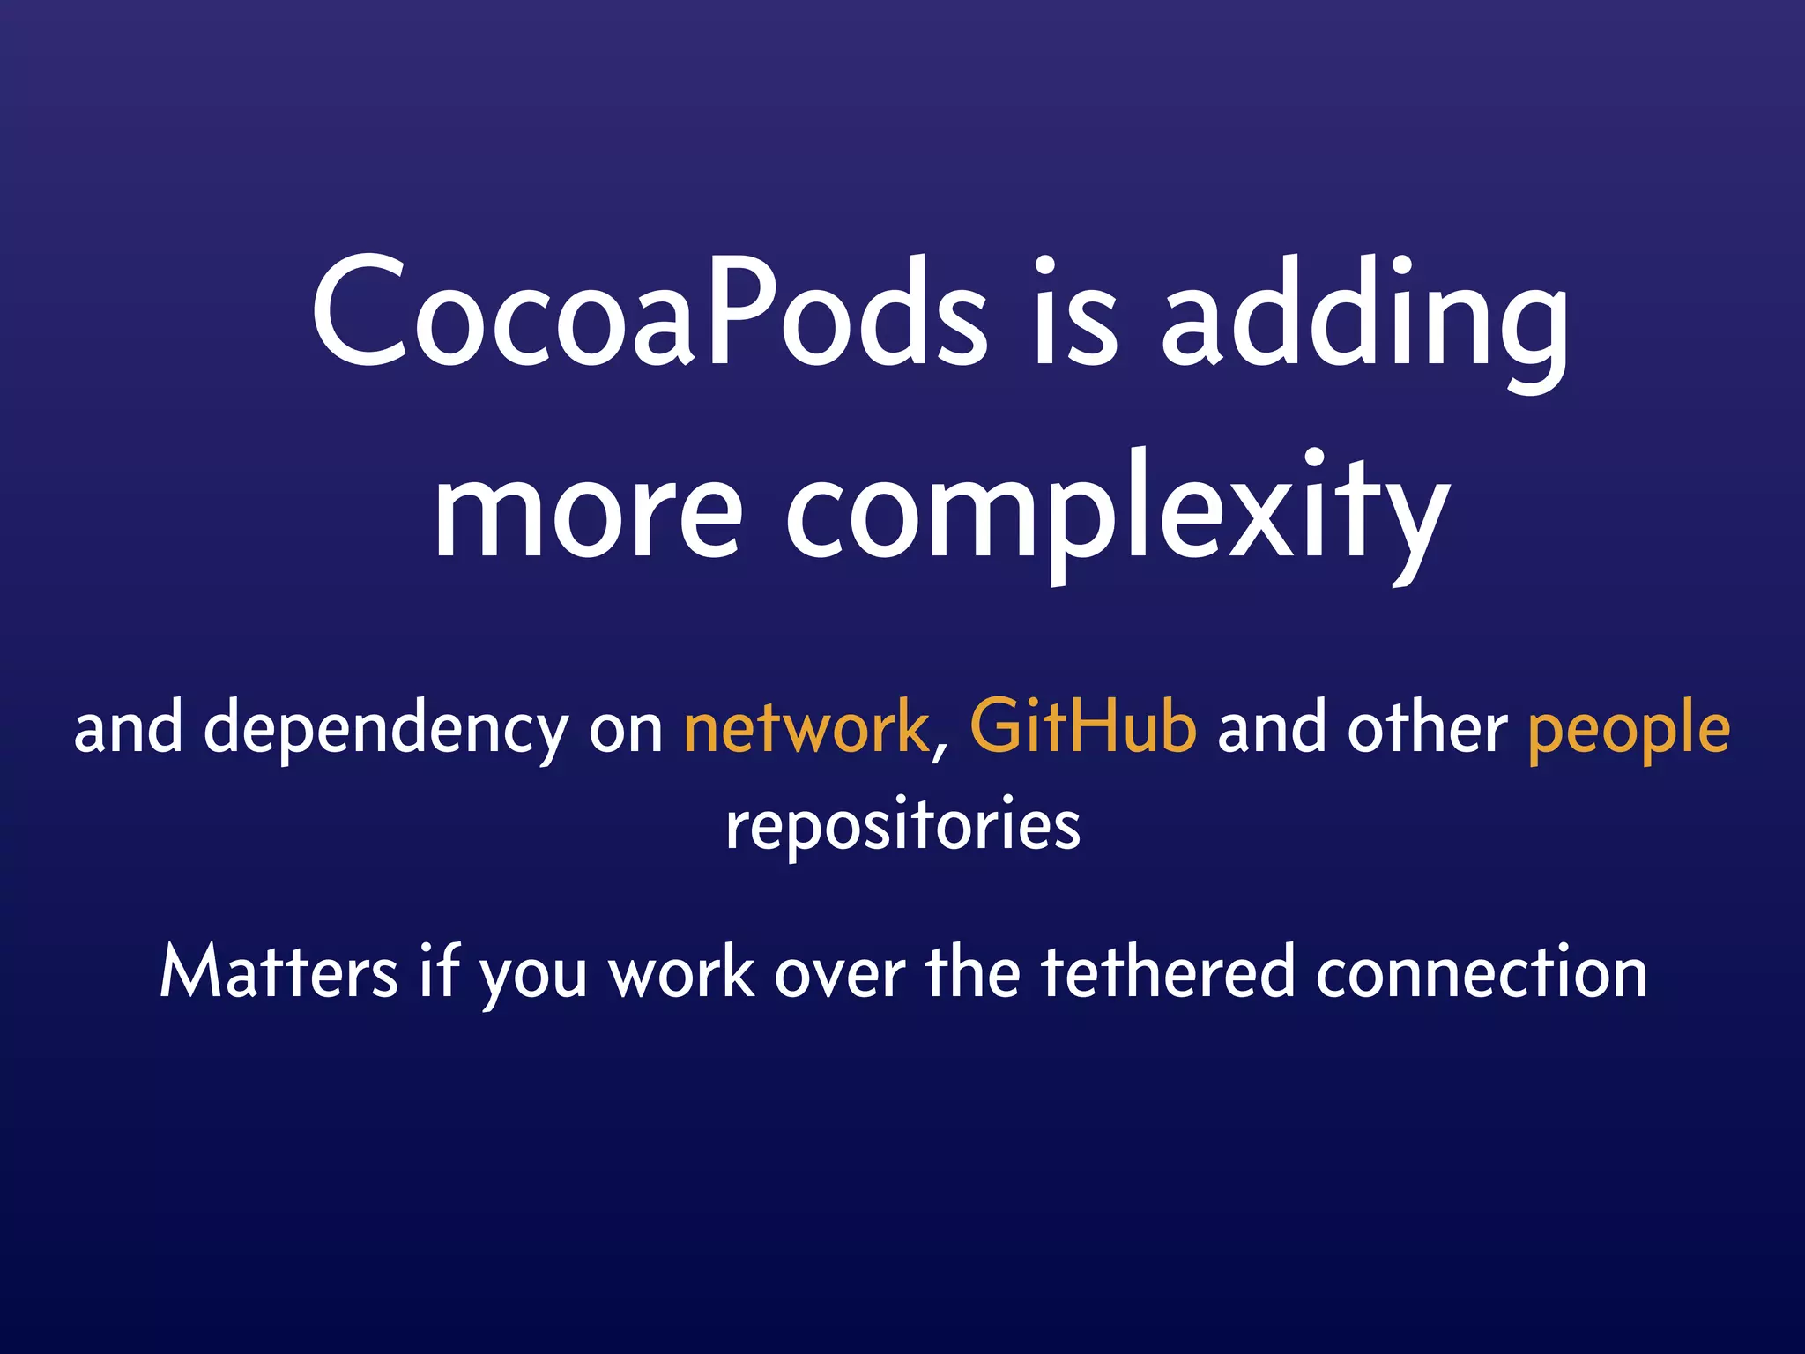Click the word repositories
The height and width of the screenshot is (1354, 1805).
[x=902, y=827]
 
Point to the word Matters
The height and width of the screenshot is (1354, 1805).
[x=279, y=971]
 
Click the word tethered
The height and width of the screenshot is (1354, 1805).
[x=1168, y=971]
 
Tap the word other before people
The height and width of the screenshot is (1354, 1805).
[x=1427, y=728]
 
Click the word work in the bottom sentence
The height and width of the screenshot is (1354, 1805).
[x=682, y=973]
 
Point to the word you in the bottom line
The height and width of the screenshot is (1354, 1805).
[x=532, y=978]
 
